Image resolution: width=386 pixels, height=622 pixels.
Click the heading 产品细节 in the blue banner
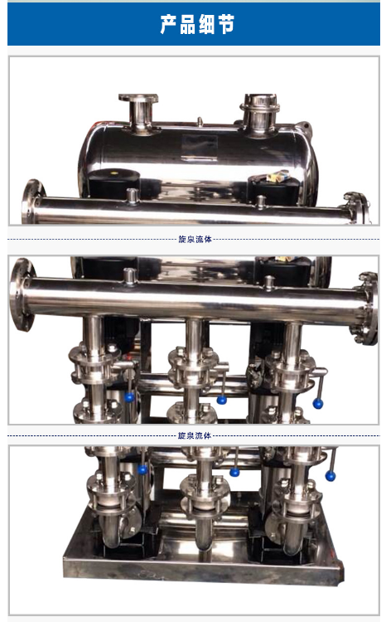pos(197,24)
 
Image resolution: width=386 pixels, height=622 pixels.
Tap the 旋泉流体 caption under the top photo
pos(195,239)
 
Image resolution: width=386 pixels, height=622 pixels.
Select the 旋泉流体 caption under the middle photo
pos(194,435)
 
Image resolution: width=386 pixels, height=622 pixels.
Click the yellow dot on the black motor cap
pos(115,173)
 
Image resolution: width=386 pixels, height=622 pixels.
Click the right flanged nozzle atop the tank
pos(259,114)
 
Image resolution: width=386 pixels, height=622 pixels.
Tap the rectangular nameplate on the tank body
pos(200,148)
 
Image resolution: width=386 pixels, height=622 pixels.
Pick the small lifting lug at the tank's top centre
pos(200,121)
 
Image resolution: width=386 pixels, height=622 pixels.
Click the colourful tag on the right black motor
pos(277,177)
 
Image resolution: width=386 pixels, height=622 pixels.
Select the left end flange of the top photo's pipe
pos(32,202)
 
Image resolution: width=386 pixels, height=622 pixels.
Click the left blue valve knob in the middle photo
pos(129,397)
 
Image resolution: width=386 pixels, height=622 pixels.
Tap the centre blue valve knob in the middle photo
pos(221,400)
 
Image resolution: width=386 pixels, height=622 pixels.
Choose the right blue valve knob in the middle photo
pos(318,404)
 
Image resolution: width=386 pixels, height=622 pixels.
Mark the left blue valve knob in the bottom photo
pos(142,469)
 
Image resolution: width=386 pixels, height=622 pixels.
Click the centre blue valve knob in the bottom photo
pos(234,472)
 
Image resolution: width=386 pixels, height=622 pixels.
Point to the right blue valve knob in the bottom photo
pos(331,476)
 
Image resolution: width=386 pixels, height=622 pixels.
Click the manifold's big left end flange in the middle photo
pos(22,294)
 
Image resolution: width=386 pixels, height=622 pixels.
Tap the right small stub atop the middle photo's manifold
pos(269,283)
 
